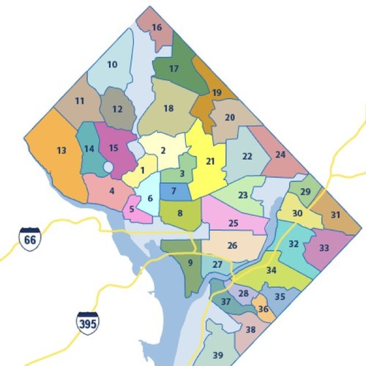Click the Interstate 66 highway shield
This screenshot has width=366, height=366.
pos(30,239)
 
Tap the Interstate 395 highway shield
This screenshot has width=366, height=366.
pos(87,322)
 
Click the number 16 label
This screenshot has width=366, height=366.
pos(157,28)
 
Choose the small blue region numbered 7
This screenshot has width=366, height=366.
pos(173,192)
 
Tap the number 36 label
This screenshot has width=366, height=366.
pos(264,310)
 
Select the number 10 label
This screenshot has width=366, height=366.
pos(112,64)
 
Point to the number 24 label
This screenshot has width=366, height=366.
pos(280,154)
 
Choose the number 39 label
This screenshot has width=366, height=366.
pos(217,355)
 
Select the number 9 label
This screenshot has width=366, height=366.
pos(190,264)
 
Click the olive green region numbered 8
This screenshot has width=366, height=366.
pos(181,215)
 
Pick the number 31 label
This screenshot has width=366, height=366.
pos(335,214)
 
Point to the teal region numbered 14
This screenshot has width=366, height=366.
pos(89,149)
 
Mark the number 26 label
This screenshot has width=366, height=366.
pos(233,246)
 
